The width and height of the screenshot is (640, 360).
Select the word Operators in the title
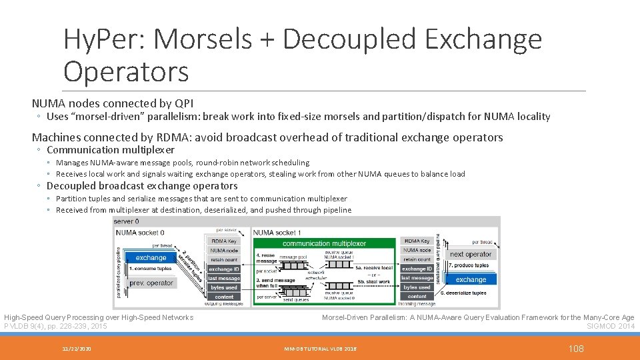click(126, 71)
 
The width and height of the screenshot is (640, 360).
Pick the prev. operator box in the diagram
click(151, 283)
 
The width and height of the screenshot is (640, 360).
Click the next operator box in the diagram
click(471, 254)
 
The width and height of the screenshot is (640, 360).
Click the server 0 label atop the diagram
click(127, 221)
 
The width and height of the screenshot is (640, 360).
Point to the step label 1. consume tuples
click(150, 269)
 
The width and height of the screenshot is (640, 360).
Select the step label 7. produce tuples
click(468, 265)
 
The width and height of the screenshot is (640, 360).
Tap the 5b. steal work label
click(374, 282)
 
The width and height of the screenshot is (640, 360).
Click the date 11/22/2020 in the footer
click(78, 349)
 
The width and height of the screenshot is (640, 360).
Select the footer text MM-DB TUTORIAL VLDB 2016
click(320, 349)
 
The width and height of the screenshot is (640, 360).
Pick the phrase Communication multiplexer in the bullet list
click(110, 150)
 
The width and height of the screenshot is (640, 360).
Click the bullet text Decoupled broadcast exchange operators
click(141, 186)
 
